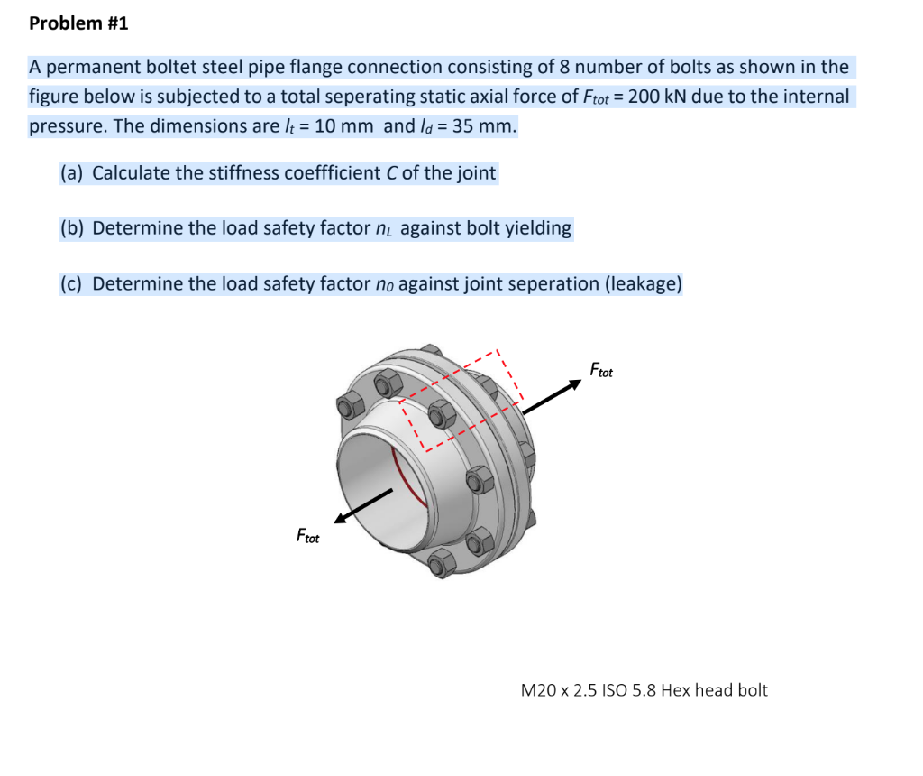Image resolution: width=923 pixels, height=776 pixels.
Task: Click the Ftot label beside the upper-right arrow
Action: click(x=601, y=370)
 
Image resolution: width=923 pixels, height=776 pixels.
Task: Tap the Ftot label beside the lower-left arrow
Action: click(x=308, y=537)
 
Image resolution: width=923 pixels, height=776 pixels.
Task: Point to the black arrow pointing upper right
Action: click(x=553, y=397)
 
